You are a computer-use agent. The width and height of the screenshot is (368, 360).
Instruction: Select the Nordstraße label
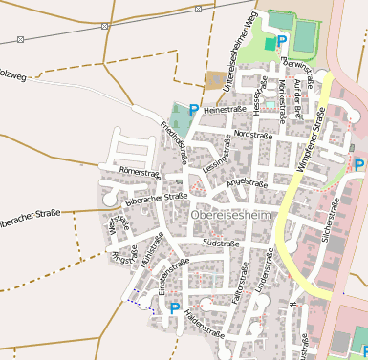pos(252,135)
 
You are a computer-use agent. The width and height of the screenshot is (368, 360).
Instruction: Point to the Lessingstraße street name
pos(220,152)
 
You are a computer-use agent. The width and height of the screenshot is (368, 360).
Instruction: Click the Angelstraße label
pos(245,182)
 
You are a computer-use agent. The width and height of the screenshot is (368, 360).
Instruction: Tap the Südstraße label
pos(221,244)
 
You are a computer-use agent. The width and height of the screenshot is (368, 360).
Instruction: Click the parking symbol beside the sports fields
pos(281,42)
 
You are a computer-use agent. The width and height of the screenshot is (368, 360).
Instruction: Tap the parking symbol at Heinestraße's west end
pos(195,110)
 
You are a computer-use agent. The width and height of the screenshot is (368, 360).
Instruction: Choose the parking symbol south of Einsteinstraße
pos(174,308)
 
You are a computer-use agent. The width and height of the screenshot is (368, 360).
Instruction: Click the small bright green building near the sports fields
pos(270,44)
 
